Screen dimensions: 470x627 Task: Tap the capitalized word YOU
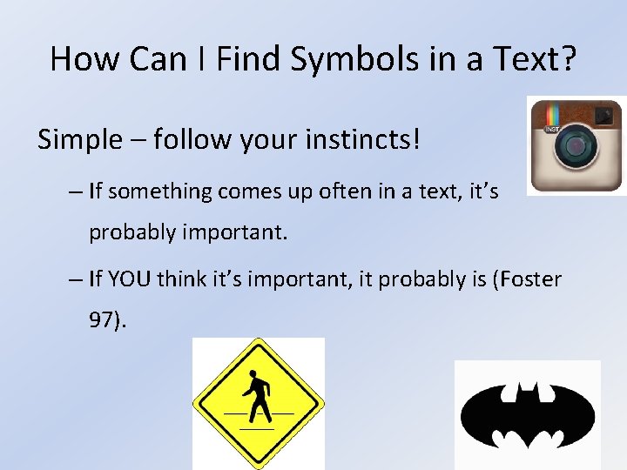131,279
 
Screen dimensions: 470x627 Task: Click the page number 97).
108,320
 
